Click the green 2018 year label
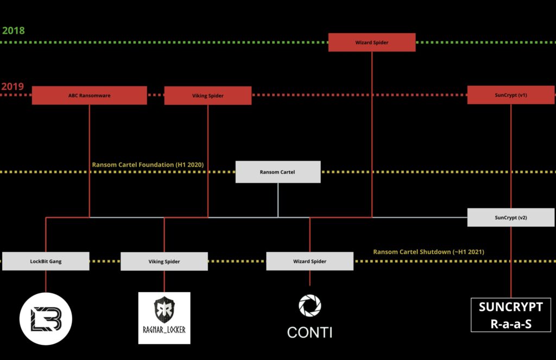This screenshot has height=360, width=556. point(14,30)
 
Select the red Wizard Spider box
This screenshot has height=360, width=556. point(372,42)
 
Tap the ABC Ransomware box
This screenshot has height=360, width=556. point(89,96)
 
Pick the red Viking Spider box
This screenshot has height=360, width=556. point(208,96)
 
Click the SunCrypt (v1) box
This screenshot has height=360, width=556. point(511,95)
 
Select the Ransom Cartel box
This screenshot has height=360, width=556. point(278,172)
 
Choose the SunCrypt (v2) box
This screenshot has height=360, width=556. point(511,217)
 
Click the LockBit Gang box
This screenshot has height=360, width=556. point(46,261)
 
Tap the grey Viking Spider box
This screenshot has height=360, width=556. point(164,261)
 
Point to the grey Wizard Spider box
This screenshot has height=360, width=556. point(309,261)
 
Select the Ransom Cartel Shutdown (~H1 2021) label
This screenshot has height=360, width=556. point(428,251)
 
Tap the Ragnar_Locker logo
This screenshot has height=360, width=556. point(165,318)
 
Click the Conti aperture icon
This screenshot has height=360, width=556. point(309,305)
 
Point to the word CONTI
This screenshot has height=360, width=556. point(309,332)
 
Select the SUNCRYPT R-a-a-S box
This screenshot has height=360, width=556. point(510,315)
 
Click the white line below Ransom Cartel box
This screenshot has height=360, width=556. point(278,200)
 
